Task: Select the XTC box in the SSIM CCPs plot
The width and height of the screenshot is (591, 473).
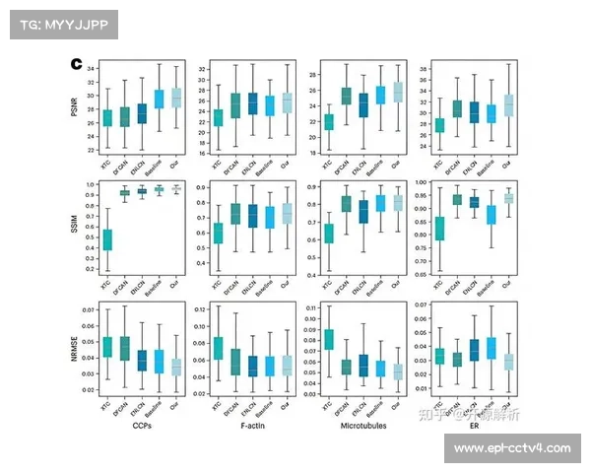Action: pos(107,239)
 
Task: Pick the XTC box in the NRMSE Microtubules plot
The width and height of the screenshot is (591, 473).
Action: pos(328,340)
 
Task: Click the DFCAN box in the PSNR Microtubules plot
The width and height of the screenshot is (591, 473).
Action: pos(346,96)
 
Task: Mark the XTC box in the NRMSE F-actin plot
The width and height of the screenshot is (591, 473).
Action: pos(218,348)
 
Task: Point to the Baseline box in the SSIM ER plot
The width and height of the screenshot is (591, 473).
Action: pos(492,214)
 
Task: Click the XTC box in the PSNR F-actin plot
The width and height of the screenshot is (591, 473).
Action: pos(218,118)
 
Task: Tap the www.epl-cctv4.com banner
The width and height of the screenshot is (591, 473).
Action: pos(512,448)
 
